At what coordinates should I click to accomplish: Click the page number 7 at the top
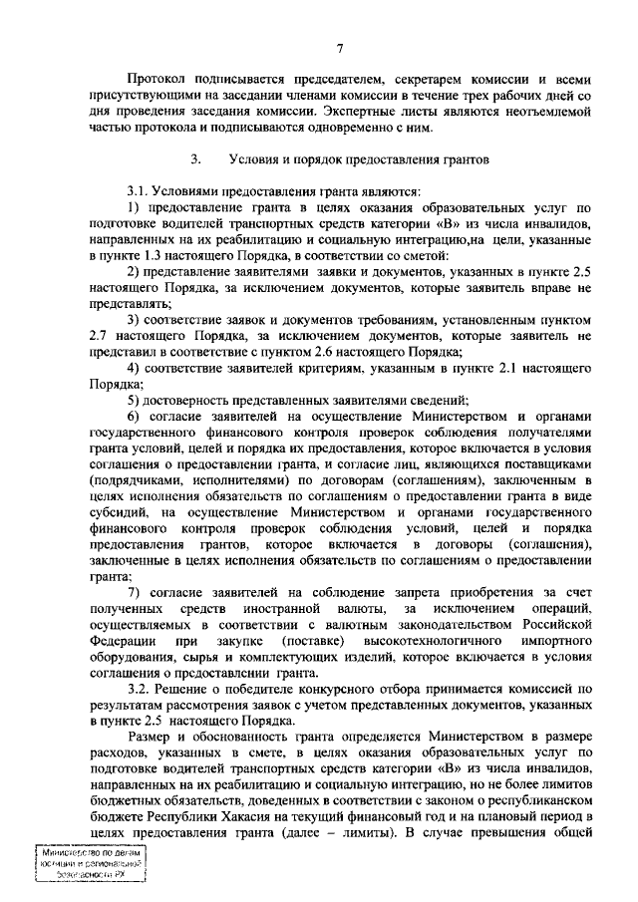click(x=341, y=48)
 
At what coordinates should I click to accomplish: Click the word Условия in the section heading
click(x=253, y=157)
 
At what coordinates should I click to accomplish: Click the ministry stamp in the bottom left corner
click(x=89, y=868)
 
